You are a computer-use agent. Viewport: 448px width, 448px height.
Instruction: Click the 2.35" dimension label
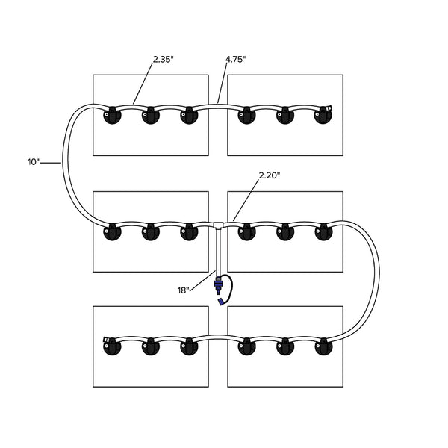click(x=162, y=60)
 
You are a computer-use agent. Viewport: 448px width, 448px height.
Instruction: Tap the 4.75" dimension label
click(x=236, y=60)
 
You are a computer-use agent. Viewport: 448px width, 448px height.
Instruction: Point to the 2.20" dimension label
click(x=270, y=175)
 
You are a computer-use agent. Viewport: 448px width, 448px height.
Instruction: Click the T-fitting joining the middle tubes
click(x=217, y=224)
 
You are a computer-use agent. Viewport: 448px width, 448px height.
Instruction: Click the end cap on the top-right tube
click(x=326, y=111)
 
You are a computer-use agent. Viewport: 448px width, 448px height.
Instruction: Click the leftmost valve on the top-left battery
click(x=112, y=116)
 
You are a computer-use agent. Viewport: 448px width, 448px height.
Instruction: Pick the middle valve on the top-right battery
click(x=284, y=116)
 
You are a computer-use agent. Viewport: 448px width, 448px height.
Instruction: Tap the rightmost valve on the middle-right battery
click(x=323, y=232)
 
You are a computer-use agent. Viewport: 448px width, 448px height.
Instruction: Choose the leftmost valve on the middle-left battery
click(x=112, y=232)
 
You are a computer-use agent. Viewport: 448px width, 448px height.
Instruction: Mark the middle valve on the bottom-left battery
click(x=150, y=347)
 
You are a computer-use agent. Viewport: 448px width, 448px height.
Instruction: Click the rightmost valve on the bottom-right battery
click(x=323, y=347)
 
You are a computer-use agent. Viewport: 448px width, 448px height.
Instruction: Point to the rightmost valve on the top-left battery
click(x=188, y=116)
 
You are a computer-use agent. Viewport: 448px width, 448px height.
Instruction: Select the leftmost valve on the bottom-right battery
click(x=246, y=347)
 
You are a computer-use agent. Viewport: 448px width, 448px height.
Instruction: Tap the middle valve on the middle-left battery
click(x=150, y=232)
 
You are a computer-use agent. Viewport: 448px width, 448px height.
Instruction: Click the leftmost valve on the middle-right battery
click(x=246, y=232)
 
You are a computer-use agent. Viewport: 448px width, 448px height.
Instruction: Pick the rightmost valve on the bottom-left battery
click(x=188, y=347)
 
